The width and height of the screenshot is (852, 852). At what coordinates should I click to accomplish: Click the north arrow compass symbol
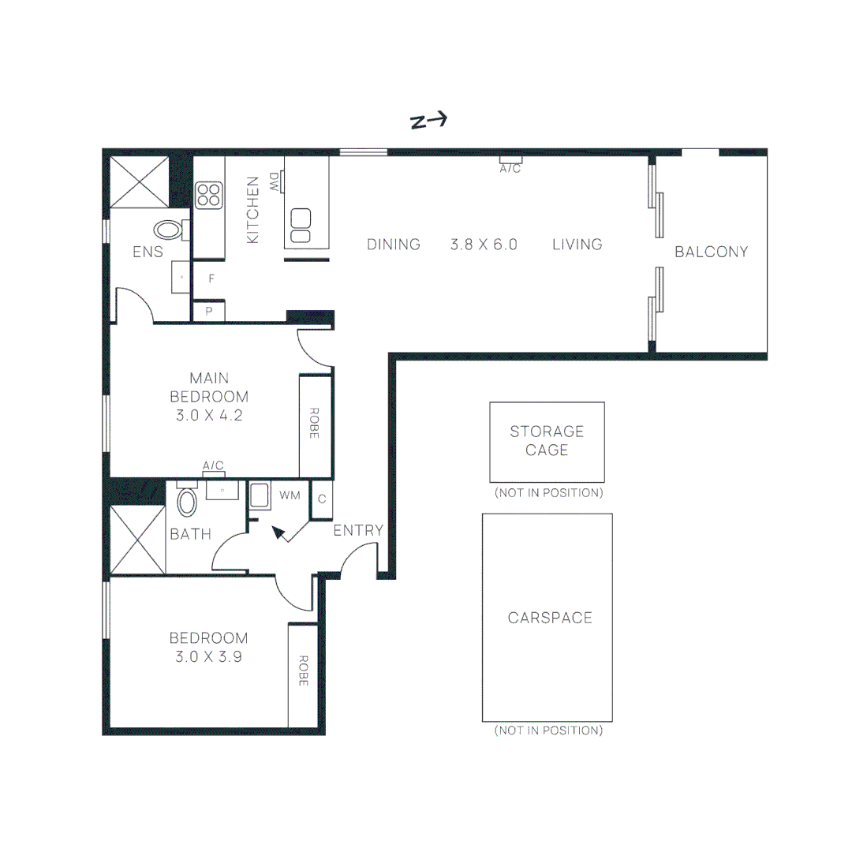(x=429, y=121)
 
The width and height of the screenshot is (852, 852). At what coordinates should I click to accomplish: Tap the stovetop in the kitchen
(x=209, y=196)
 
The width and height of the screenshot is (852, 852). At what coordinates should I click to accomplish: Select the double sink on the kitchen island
(x=301, y=226)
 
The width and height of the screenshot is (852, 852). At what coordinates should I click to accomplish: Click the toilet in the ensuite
(x=168, y=230)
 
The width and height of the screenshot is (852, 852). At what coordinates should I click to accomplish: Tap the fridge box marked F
(x=211, y=278)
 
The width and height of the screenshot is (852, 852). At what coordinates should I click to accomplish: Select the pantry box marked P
(x=209, y=312)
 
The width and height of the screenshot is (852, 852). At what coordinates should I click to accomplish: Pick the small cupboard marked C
(x=322, y=499)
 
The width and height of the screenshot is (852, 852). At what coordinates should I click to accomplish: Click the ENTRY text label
(x=358, y=531)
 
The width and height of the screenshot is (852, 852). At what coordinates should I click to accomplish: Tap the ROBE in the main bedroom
(x=314, y=424)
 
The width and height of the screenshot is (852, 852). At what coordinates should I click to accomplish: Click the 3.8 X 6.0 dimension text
(x=484, y=245)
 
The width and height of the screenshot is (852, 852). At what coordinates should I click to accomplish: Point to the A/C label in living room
(x=510, y=169)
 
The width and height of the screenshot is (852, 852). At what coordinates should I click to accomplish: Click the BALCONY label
(x=711, y=252)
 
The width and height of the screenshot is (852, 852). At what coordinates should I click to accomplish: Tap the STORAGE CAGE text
(x=547, y=441)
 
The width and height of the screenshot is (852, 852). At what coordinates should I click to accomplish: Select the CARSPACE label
(x=550, y=618)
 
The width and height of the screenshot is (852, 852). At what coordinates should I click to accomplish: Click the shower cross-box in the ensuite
(x=139, y=181)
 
